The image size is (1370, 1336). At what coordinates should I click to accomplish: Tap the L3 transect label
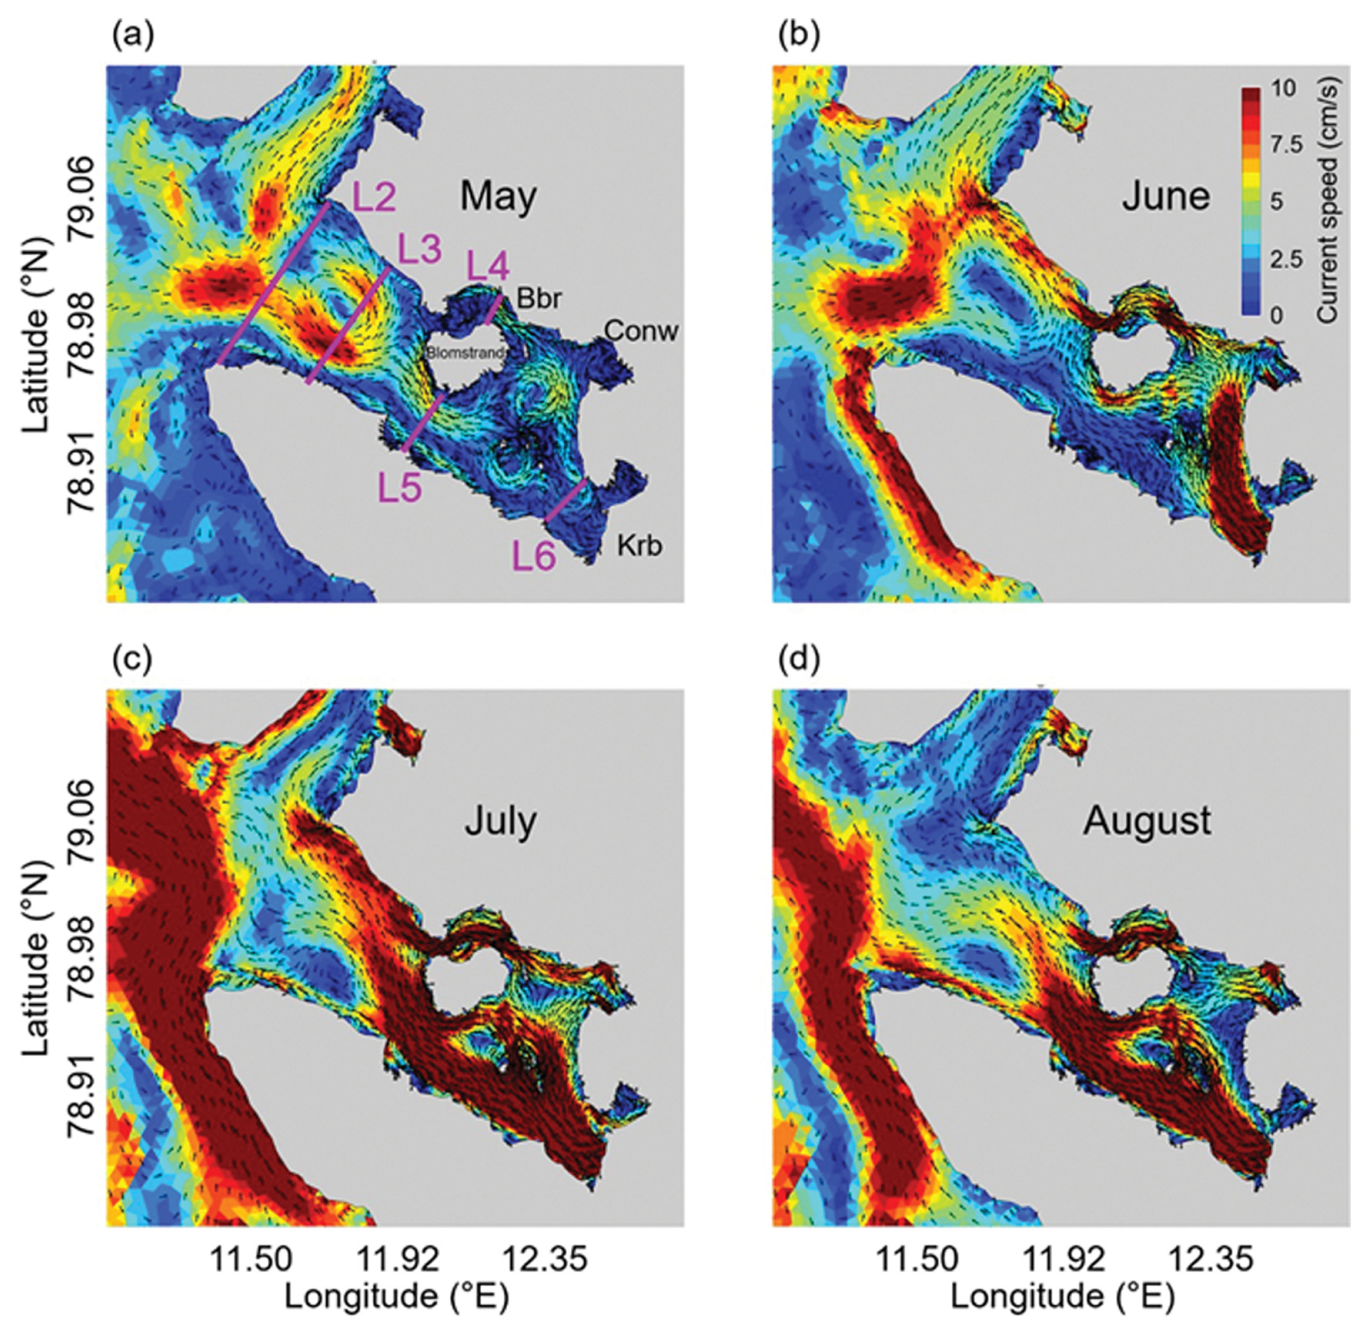[420, 249]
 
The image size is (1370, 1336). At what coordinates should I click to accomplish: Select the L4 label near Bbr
[488, 267]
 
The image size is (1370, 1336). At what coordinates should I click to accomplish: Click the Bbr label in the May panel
[539, 298]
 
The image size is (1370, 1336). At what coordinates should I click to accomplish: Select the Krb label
[639, 545]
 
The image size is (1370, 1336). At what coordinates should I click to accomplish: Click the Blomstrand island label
[465, 353]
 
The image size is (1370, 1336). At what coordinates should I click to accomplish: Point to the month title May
[498, 196]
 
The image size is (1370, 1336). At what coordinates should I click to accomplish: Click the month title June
[1166, 196]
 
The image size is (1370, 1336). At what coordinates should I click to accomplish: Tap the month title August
[1147, 820]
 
